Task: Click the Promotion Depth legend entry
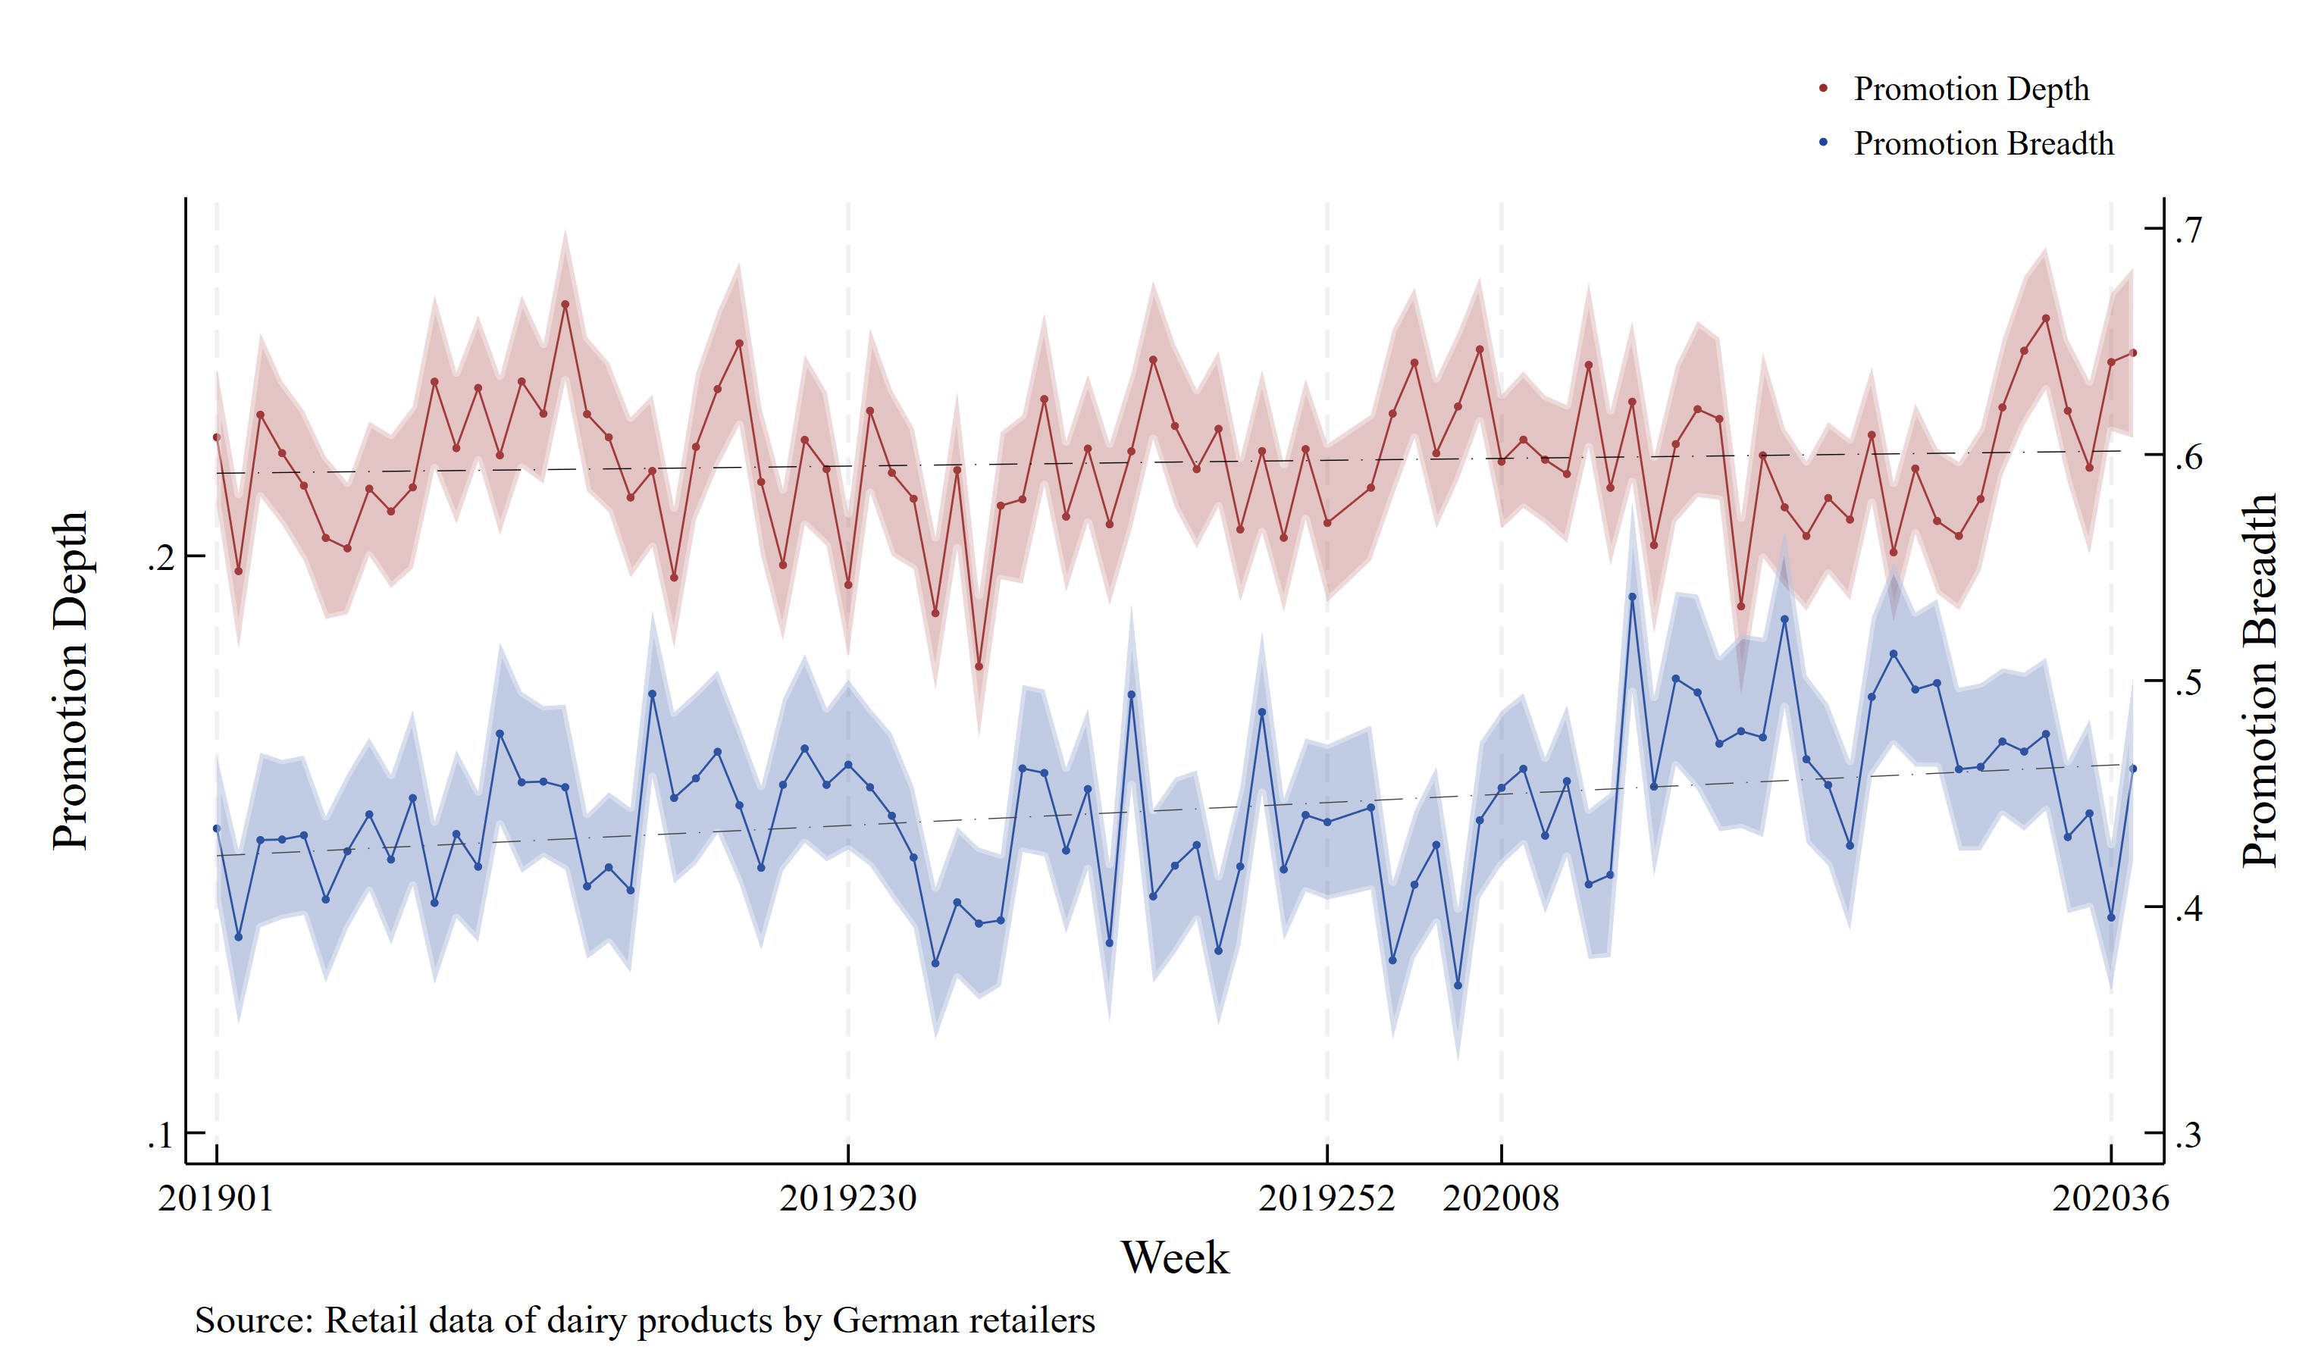[1970, 89]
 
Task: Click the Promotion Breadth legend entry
[1982, 143]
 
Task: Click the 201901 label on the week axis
[216, 1198]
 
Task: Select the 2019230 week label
[847, 1198]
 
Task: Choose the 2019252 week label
[1327, 1198]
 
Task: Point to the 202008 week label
[1501, 1198]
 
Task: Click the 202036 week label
[2110, 1198]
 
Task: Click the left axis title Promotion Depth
[70, 681]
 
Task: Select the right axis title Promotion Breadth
[2259, 681]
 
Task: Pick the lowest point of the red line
[979, 667]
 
